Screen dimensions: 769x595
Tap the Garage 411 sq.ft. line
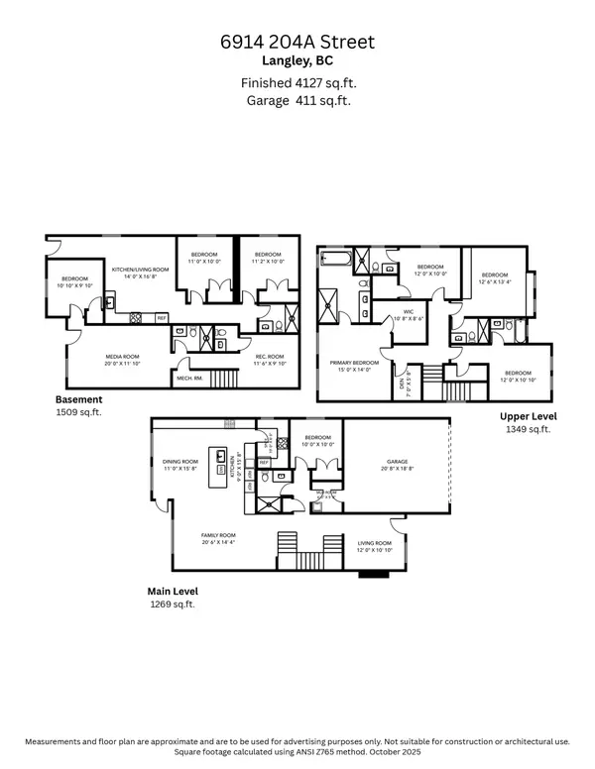pos(297,100)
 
